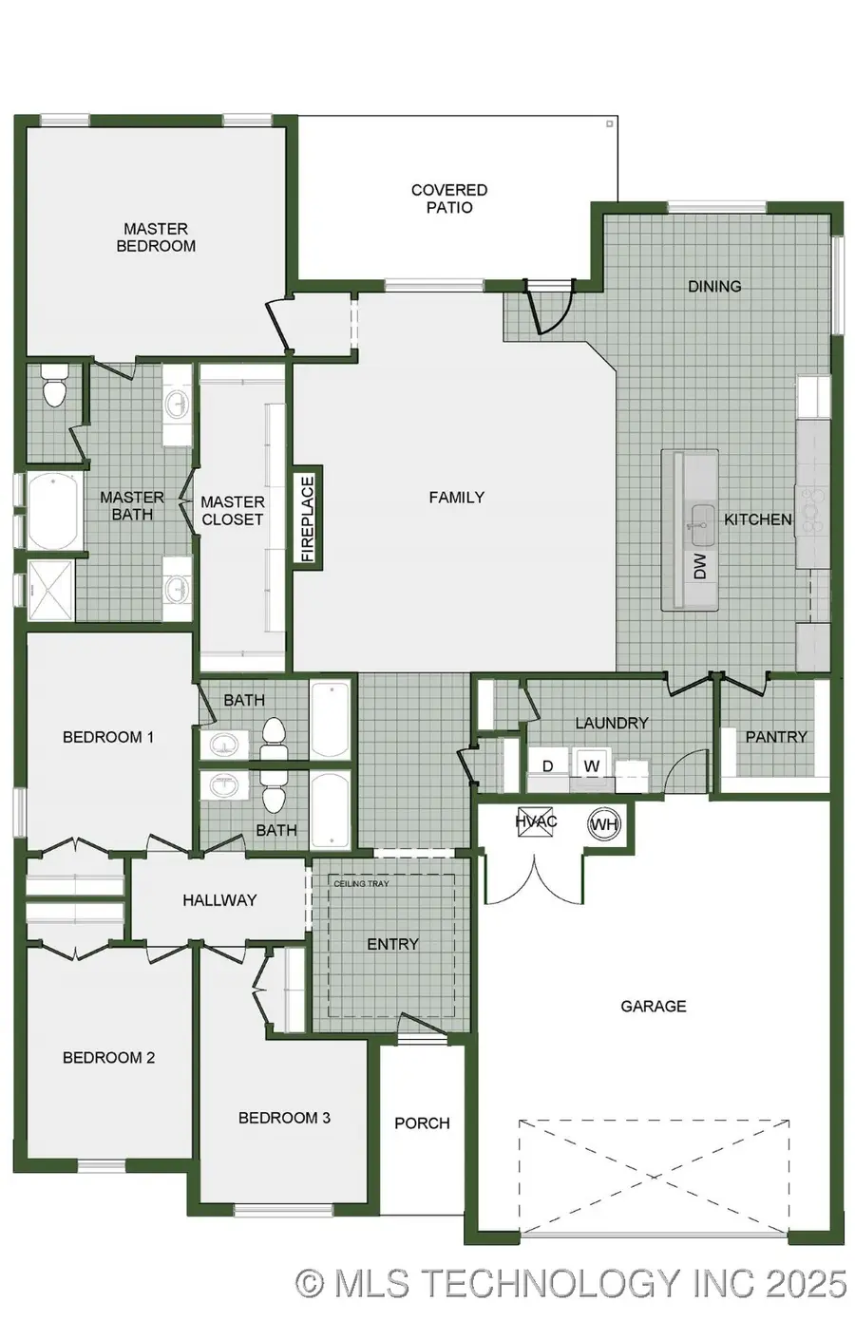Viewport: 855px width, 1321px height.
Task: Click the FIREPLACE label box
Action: (x=307, y=518)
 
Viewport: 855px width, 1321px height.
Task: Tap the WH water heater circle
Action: (x=604, y=823)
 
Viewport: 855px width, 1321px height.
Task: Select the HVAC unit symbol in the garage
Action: (x=536, y=822)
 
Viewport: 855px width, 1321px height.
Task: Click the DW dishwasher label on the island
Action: (x=700, y=567)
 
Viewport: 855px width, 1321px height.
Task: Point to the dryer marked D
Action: (x=547, y=766)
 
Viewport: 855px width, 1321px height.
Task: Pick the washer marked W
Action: (x=592, y=766)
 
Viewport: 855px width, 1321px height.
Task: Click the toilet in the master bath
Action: (x=54, y=387)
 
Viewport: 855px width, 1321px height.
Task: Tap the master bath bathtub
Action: (x=53, y=511)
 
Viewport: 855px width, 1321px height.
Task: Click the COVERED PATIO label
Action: (x=449, y=198)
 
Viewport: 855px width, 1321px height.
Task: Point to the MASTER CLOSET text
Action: (x=233, y=510)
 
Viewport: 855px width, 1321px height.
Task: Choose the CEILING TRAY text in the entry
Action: (x=361, y=884)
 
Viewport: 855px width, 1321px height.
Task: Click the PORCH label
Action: (x=422, y=1123)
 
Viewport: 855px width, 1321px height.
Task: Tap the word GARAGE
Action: (x=653, y=1006)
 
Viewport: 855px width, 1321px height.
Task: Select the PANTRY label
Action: (x=776, y=736)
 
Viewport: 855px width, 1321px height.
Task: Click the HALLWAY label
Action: (x=219, y=899)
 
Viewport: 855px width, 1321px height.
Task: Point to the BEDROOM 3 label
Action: (x=284, y=1118)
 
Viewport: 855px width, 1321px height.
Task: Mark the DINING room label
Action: (x=714, y=286)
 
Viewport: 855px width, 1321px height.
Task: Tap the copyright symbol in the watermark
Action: (x=310, y=1283)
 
